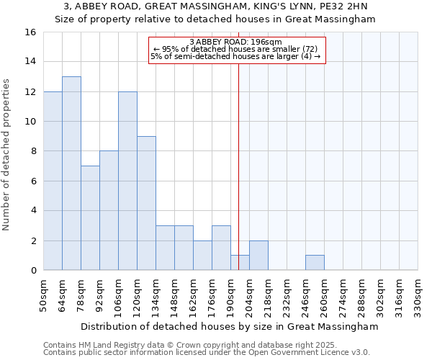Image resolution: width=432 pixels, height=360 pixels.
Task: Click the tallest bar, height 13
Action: point(71,174)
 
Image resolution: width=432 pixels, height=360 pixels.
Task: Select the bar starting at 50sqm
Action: point(53,181)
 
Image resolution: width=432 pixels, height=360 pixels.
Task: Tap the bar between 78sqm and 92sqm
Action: point(90,218)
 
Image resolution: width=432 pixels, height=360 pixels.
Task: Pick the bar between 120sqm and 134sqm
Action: point(146,203)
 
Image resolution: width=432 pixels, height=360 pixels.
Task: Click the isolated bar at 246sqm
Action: point(315,263)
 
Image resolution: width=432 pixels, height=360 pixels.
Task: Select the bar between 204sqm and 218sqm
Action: point(258,256)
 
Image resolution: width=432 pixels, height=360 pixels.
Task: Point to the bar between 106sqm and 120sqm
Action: point(127,181)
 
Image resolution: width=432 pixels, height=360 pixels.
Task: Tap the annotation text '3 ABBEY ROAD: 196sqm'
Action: point(236,42)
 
